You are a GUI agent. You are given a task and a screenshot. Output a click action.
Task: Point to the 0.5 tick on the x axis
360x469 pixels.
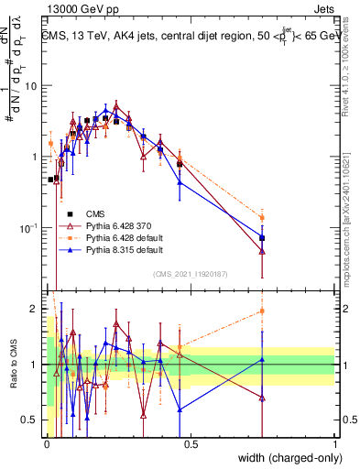[191, 444]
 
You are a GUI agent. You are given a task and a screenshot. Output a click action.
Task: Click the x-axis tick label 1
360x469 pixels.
[334, 444]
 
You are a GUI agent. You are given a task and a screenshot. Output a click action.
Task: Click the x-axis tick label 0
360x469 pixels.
[47, 444]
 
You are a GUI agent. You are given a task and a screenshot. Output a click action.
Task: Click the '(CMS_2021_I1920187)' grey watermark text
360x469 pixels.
[190, 273]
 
